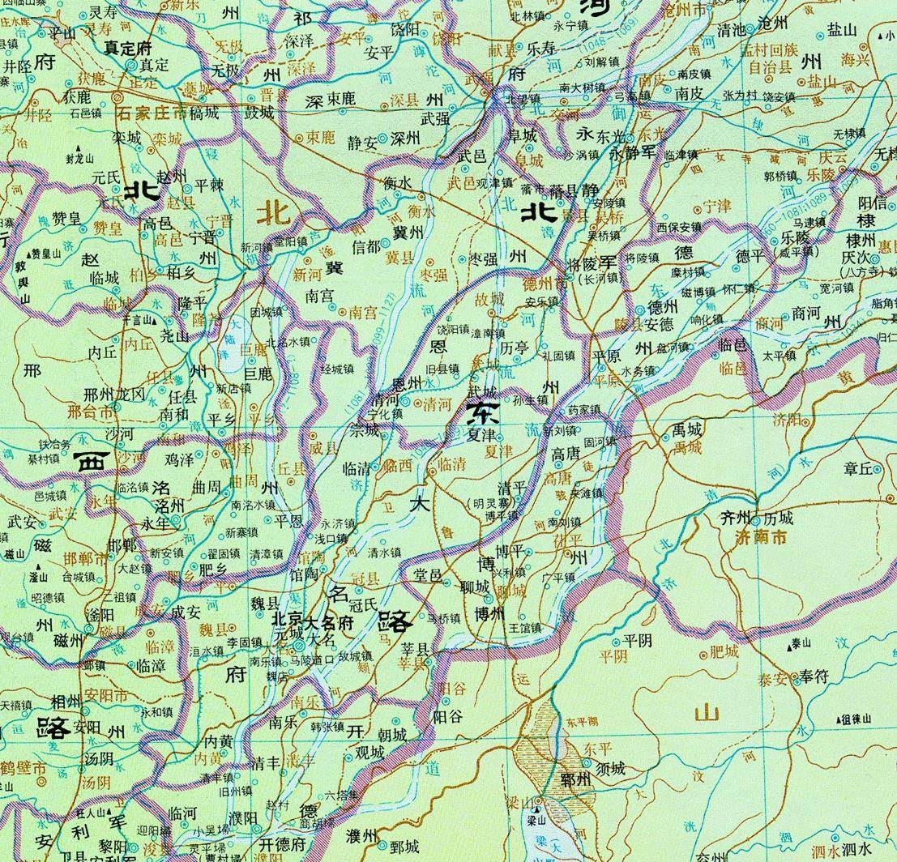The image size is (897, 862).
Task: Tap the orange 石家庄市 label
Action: [152, 113]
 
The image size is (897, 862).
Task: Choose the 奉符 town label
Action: [814, 676]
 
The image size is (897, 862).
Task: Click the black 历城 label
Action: [779, 518]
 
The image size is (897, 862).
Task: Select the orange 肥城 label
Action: [724, 650]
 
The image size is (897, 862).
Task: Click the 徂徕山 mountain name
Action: [856, 719]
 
